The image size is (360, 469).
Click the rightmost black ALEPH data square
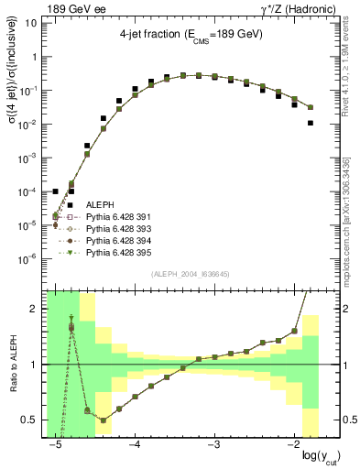pos(311,123)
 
